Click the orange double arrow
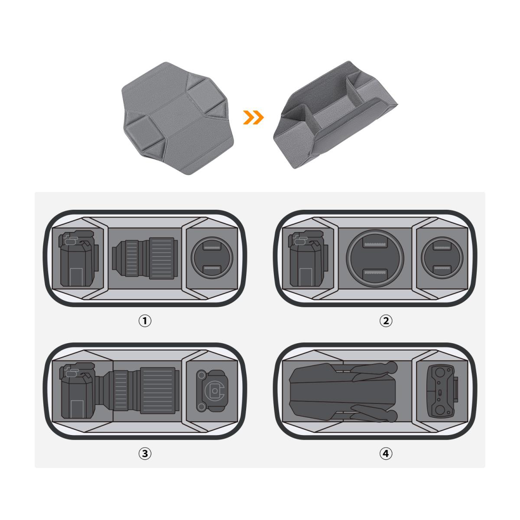(253, 117)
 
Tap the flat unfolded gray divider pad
(178, 118)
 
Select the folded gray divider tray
(335, 115)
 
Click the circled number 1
(145, 321)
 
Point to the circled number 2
(386, 321)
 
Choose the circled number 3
(145, 454)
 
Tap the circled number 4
(386, 454)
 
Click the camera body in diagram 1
(78, 258)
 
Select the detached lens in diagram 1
(145, 258)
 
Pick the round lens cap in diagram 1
(212, 258)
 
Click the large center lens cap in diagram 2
(375, 258)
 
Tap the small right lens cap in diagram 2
(442, 258)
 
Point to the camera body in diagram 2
(308, 258)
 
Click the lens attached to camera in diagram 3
(137, 390)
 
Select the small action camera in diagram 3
(212, 390)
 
